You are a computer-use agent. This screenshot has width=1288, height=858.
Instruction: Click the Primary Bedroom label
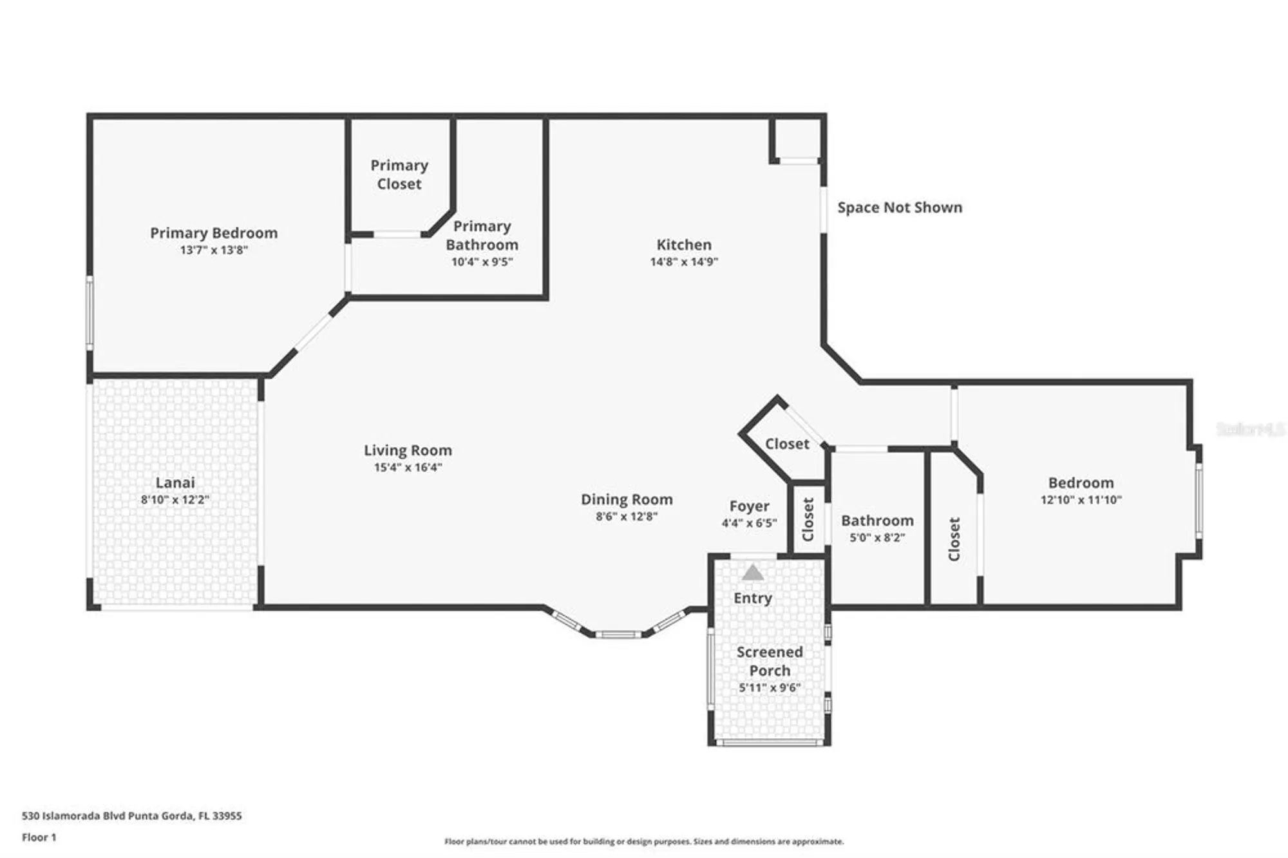pyautogui.click(x=214, y=233)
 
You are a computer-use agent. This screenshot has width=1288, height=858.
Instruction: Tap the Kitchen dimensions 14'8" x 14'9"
pyautogui.click(x=684, y=262)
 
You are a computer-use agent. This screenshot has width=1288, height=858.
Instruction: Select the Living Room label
pyautogui.click(x=408, y=450)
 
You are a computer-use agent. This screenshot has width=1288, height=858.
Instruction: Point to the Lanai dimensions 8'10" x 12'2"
pyautogui.click(x=175, y=500)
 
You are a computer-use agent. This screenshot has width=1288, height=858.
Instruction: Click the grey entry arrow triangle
pyautogui.click(x=752, y=573)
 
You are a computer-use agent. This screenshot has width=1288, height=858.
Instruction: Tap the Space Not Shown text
pyautogui.click(x=900, y=207)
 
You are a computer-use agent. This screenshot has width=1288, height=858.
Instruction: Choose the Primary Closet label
pyautogui.click(x=399, y=175)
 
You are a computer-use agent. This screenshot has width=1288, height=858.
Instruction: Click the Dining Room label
pyautogui.click(x=627, y=499)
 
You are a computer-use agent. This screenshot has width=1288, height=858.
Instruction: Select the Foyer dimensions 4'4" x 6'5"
pyautogui.click(x=749, y=524)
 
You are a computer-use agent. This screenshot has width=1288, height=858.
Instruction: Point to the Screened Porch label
pyautogui.click(x=770, y=661)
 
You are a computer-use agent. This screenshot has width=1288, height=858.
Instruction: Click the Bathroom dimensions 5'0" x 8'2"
pyautogui.click(x=877, y=538)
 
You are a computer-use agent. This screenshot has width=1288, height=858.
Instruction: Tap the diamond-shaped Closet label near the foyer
pyautogui.click(x=787, y=444)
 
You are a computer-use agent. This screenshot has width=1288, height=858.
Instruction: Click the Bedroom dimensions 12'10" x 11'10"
pyautogui.click(x=1081, y=500)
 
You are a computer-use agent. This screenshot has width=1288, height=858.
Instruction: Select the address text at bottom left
pyautogui.click(x=132, y=815)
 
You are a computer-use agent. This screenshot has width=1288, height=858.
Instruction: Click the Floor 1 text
pyautogui.click(x=39, y=837)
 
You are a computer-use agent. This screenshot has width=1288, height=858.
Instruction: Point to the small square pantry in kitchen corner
pyautogui.click(x=797, y=138)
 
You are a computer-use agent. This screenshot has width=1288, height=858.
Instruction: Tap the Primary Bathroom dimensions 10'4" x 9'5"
pyautogui.click(x=482, y=262)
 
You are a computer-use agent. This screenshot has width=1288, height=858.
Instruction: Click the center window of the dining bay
pyautogui.click(x=618, y=635)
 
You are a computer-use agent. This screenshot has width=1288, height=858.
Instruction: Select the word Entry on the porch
pyautogui.click(x=752, y=598)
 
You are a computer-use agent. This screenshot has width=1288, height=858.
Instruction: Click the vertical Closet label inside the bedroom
pyautogui.click(x=954, y=539)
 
